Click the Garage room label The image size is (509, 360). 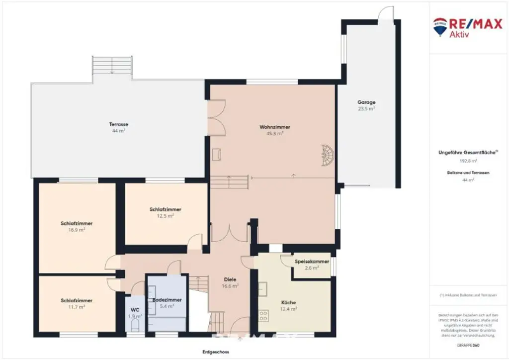coord(366,102)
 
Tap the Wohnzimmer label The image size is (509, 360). coord(274,127)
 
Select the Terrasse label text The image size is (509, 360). coord(119,124)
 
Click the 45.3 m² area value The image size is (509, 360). coord(274,134)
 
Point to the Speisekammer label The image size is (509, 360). coord(312,262)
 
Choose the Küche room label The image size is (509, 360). coord(288,302)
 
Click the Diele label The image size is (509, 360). coord(230,279)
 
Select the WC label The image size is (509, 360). coord(135,309)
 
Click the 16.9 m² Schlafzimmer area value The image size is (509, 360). coord(77,230)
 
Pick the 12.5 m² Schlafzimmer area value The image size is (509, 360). coord(165,216)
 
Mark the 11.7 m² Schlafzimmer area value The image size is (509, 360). coord(77,307)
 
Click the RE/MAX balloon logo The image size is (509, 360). coord(440,26)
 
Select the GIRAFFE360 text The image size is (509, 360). coord(468,345)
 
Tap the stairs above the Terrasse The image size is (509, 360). coord(112,65)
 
